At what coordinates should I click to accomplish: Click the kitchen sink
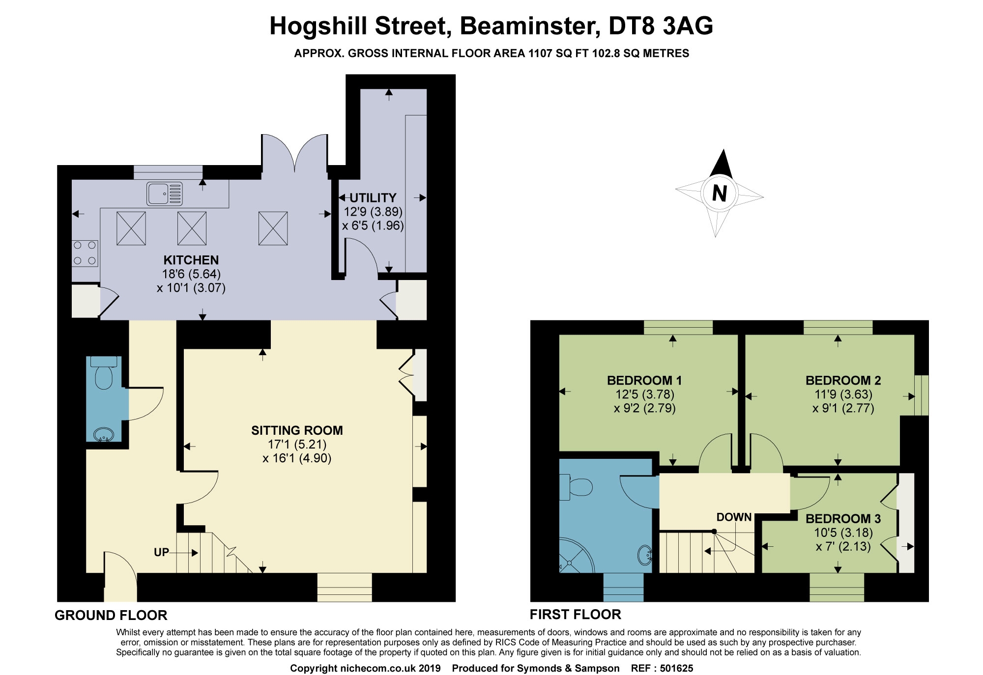(164, 194)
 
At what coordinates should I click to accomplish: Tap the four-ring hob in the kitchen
(85, 253)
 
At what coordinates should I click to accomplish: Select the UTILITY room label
(373, 198)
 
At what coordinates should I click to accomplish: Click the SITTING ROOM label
(297, 430)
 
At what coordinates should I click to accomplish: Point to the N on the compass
(720, 193)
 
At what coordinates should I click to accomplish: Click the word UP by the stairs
(161, 552)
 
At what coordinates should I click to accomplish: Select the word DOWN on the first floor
(734, 517)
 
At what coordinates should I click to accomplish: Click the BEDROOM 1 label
(644, 380)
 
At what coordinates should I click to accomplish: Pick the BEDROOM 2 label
(843, 380)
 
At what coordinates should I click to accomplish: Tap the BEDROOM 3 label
(843, 519)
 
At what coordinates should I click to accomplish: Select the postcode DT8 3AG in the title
(661, 26)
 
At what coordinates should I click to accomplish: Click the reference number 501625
(676, 668)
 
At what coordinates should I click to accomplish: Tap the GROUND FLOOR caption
(111, 615)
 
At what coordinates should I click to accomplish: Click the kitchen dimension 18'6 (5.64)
(191, 274)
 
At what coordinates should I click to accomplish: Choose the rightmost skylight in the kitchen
(273, 228)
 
